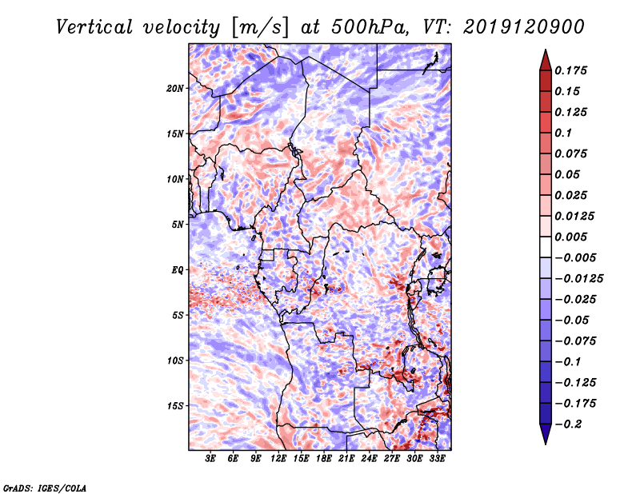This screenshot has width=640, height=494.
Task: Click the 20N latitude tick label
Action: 175,88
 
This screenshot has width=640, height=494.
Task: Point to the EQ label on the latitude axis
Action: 178,270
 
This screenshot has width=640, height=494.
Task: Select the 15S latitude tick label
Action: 175,406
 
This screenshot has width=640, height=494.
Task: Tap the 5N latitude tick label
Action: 178,225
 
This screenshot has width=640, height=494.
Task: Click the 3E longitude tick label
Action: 211,460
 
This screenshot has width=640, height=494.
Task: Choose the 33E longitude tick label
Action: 438,460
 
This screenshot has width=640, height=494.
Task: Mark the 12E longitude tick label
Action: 279,460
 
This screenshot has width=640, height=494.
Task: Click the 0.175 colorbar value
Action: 573,70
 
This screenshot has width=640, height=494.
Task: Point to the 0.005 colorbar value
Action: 573,237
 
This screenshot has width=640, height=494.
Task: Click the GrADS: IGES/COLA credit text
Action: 45,487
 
